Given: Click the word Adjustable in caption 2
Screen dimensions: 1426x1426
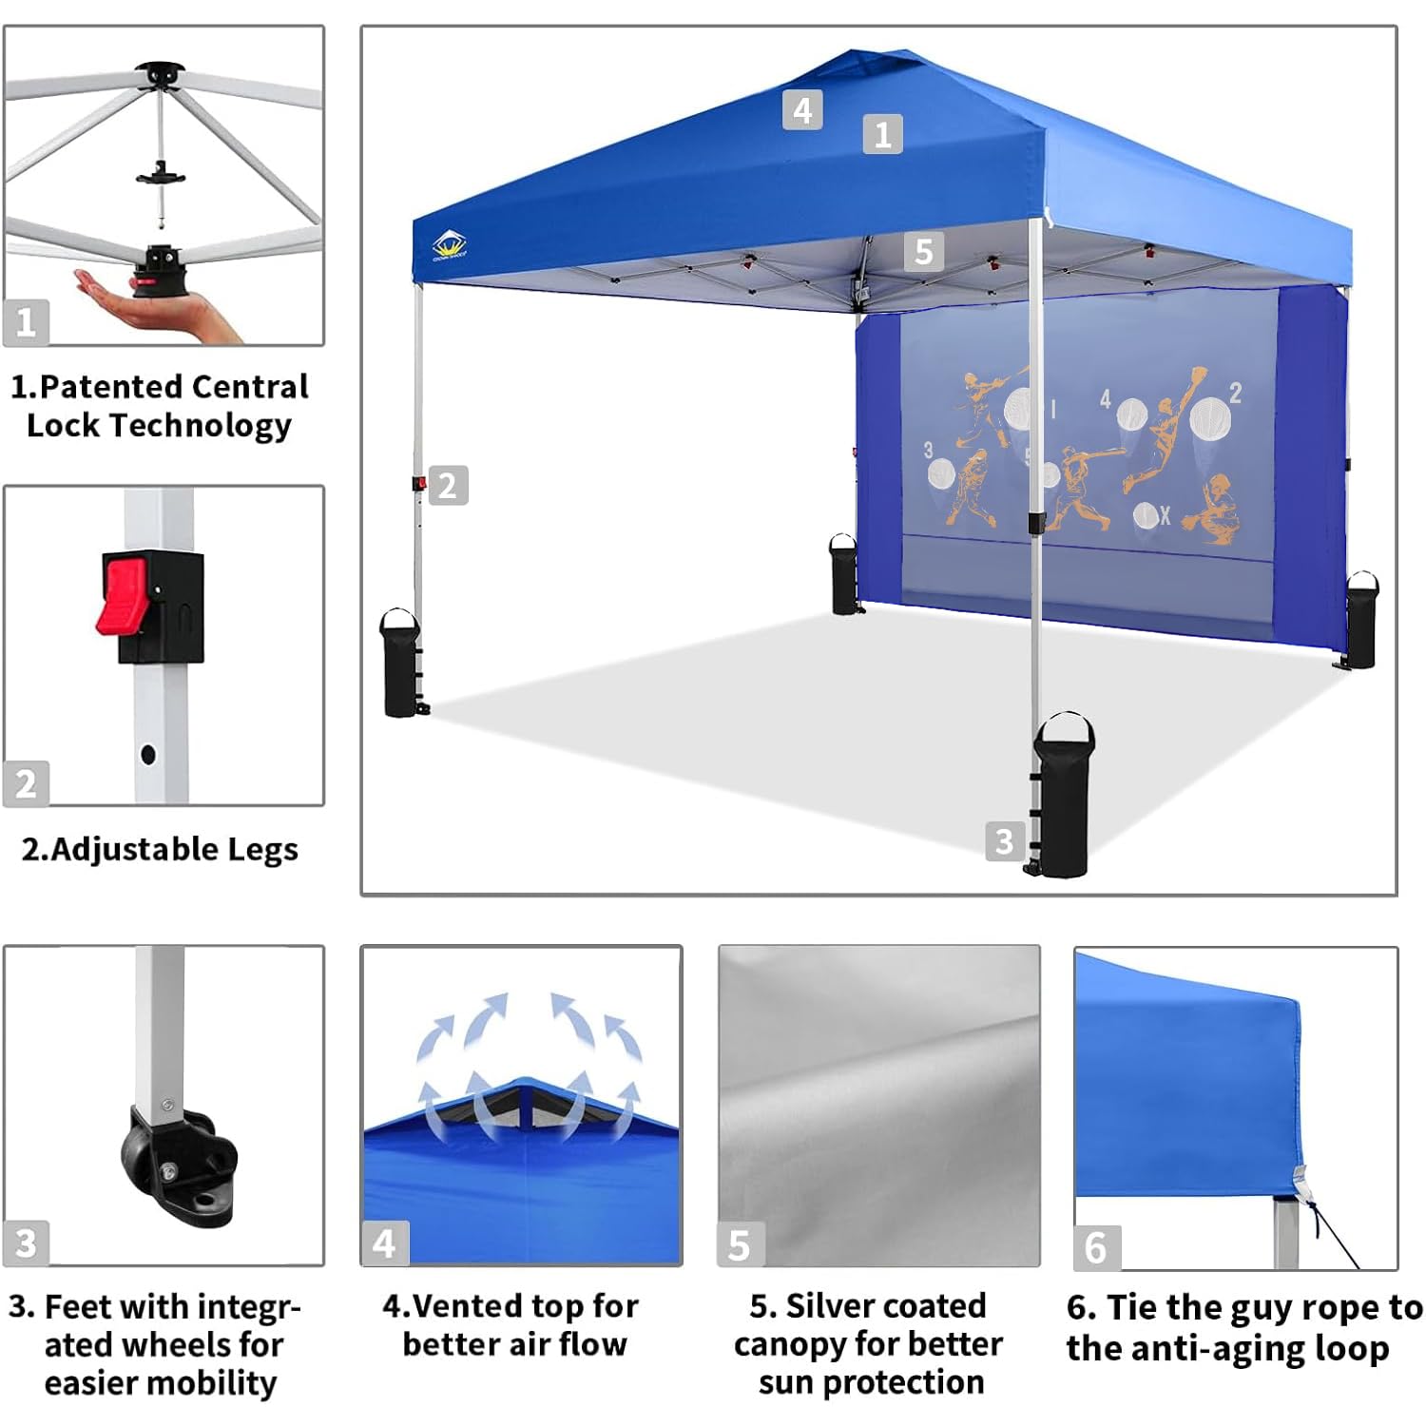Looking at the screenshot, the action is [x=132, y=849].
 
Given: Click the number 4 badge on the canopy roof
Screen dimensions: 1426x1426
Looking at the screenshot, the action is [x=802, y=110].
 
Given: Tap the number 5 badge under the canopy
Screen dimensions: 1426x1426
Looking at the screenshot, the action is [x=923, y=252].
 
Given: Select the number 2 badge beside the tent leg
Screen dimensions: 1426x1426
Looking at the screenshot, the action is [x=448, y=486].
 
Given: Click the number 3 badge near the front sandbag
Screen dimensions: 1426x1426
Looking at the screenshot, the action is [x=1005, y=841].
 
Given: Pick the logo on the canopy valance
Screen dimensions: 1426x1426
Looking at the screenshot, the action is [x=448, y=246].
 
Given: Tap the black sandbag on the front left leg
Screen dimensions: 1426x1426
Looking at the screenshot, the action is [x=400, y=662].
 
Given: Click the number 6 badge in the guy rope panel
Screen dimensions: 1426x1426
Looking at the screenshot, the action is [x=1096, y=1247].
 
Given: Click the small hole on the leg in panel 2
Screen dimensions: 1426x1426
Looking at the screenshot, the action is [x=148, y=756].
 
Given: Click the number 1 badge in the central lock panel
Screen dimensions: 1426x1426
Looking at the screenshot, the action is [x=26, y=322].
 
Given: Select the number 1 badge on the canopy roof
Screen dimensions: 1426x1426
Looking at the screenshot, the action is [x=883, y=134].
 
